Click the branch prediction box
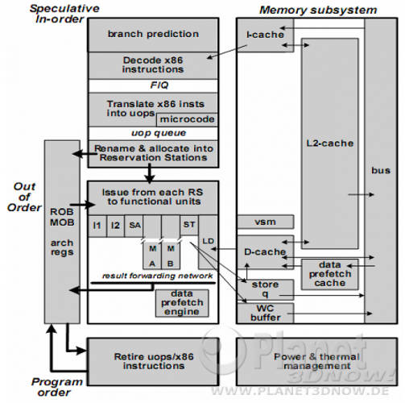tap(153, 35)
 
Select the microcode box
tap(187, 119)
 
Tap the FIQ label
tap(159, 85)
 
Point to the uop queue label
tap(159, 133)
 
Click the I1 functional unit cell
tap(97, 226)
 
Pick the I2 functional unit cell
tap(115, 226)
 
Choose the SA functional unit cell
tap(134, 226)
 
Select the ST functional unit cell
tap(189, 225)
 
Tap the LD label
tap(209, 241)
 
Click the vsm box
tap(265, 222)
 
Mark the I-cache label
tap(265, 35)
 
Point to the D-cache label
tap(265, 251)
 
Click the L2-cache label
tap(330, 143)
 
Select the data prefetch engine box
tap(182, 303)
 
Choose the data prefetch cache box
tap(330, 274)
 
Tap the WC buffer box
tap(265, 313)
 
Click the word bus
tap(381, 171)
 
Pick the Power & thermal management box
tap(317, 362)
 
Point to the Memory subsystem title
tap(318, 10)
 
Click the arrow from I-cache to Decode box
tap(227, 52)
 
